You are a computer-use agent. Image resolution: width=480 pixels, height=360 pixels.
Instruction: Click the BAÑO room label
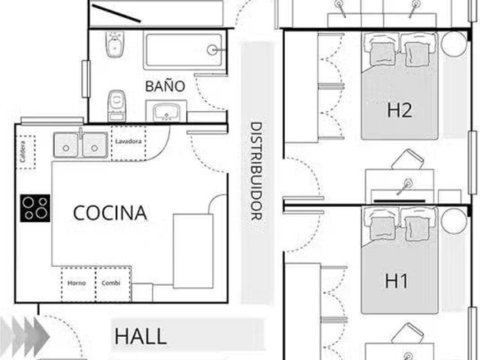165,86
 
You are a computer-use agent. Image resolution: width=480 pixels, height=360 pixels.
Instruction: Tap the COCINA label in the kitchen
110,213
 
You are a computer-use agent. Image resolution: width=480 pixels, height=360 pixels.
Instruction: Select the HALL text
140,336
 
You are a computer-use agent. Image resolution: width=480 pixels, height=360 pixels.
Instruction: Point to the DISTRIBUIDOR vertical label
256,171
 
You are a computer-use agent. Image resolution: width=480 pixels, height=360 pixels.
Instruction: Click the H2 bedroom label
399,110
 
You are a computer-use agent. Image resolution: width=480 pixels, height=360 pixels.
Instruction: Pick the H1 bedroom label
397,280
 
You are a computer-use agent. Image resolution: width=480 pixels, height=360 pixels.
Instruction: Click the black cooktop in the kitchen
35,208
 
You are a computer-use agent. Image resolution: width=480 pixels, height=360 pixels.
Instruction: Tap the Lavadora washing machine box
128,143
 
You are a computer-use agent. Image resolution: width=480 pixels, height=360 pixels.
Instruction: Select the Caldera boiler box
25,152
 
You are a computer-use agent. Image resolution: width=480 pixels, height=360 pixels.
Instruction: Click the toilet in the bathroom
117,106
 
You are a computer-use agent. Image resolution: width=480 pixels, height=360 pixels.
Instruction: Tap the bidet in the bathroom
115,44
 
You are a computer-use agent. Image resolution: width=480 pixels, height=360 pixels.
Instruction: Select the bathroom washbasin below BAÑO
166,111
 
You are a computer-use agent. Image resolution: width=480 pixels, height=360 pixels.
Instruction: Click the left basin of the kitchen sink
66,145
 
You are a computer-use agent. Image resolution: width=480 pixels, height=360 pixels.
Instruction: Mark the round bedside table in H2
454,43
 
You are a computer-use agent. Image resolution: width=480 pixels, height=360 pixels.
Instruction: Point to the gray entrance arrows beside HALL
25,337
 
